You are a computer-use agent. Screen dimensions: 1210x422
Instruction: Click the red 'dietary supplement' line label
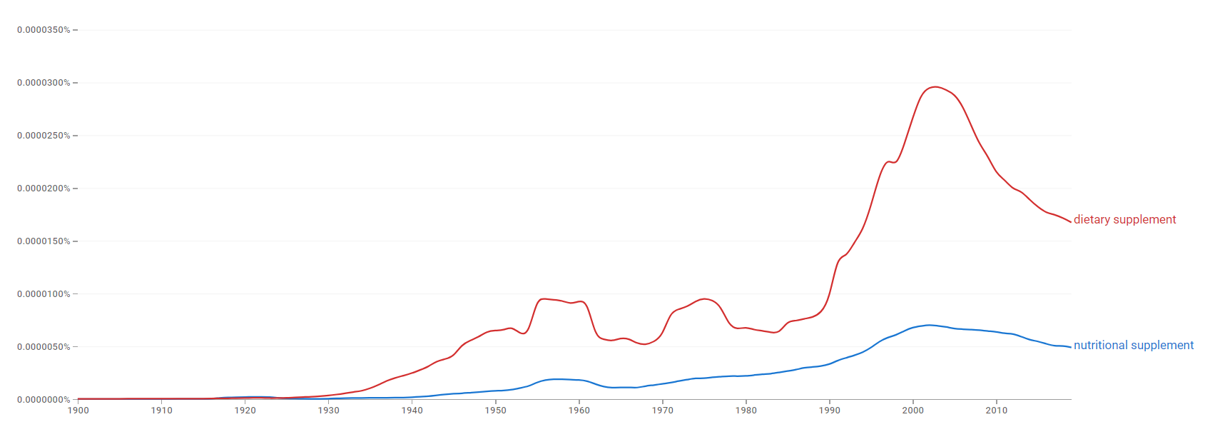pos(1124,220)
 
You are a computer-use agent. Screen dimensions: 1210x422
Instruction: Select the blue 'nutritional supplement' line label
pos(1133,346)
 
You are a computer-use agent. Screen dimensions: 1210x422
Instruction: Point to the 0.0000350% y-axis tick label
pos(44,30)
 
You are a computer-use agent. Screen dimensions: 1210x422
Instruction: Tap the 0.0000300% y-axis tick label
pos(44,83)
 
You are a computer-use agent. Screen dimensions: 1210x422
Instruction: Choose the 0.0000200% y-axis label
pos(44,188)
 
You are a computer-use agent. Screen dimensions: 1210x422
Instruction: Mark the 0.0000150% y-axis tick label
pos(44,241)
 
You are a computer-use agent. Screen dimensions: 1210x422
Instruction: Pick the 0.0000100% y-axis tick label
pos(44,294)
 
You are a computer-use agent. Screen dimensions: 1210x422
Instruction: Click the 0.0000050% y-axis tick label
pos(44,347)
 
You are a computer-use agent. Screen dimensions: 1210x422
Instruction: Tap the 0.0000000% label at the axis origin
pos(44,400)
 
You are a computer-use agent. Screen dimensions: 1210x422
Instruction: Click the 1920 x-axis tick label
pos(245,411)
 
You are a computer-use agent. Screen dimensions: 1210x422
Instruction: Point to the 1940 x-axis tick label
pos(412,411)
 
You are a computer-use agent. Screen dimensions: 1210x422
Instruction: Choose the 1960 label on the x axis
pos(579,411)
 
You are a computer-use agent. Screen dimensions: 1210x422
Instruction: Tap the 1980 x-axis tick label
pos(746,411)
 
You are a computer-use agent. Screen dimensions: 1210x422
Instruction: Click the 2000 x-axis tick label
pos(913,411)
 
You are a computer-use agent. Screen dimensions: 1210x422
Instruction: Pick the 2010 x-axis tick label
pos(997,411)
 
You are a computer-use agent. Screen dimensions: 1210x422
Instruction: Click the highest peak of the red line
pos(935,86)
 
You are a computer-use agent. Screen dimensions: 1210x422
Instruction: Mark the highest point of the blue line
pos(929,325)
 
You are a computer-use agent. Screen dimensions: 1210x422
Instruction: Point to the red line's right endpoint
pos(1071,221)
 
